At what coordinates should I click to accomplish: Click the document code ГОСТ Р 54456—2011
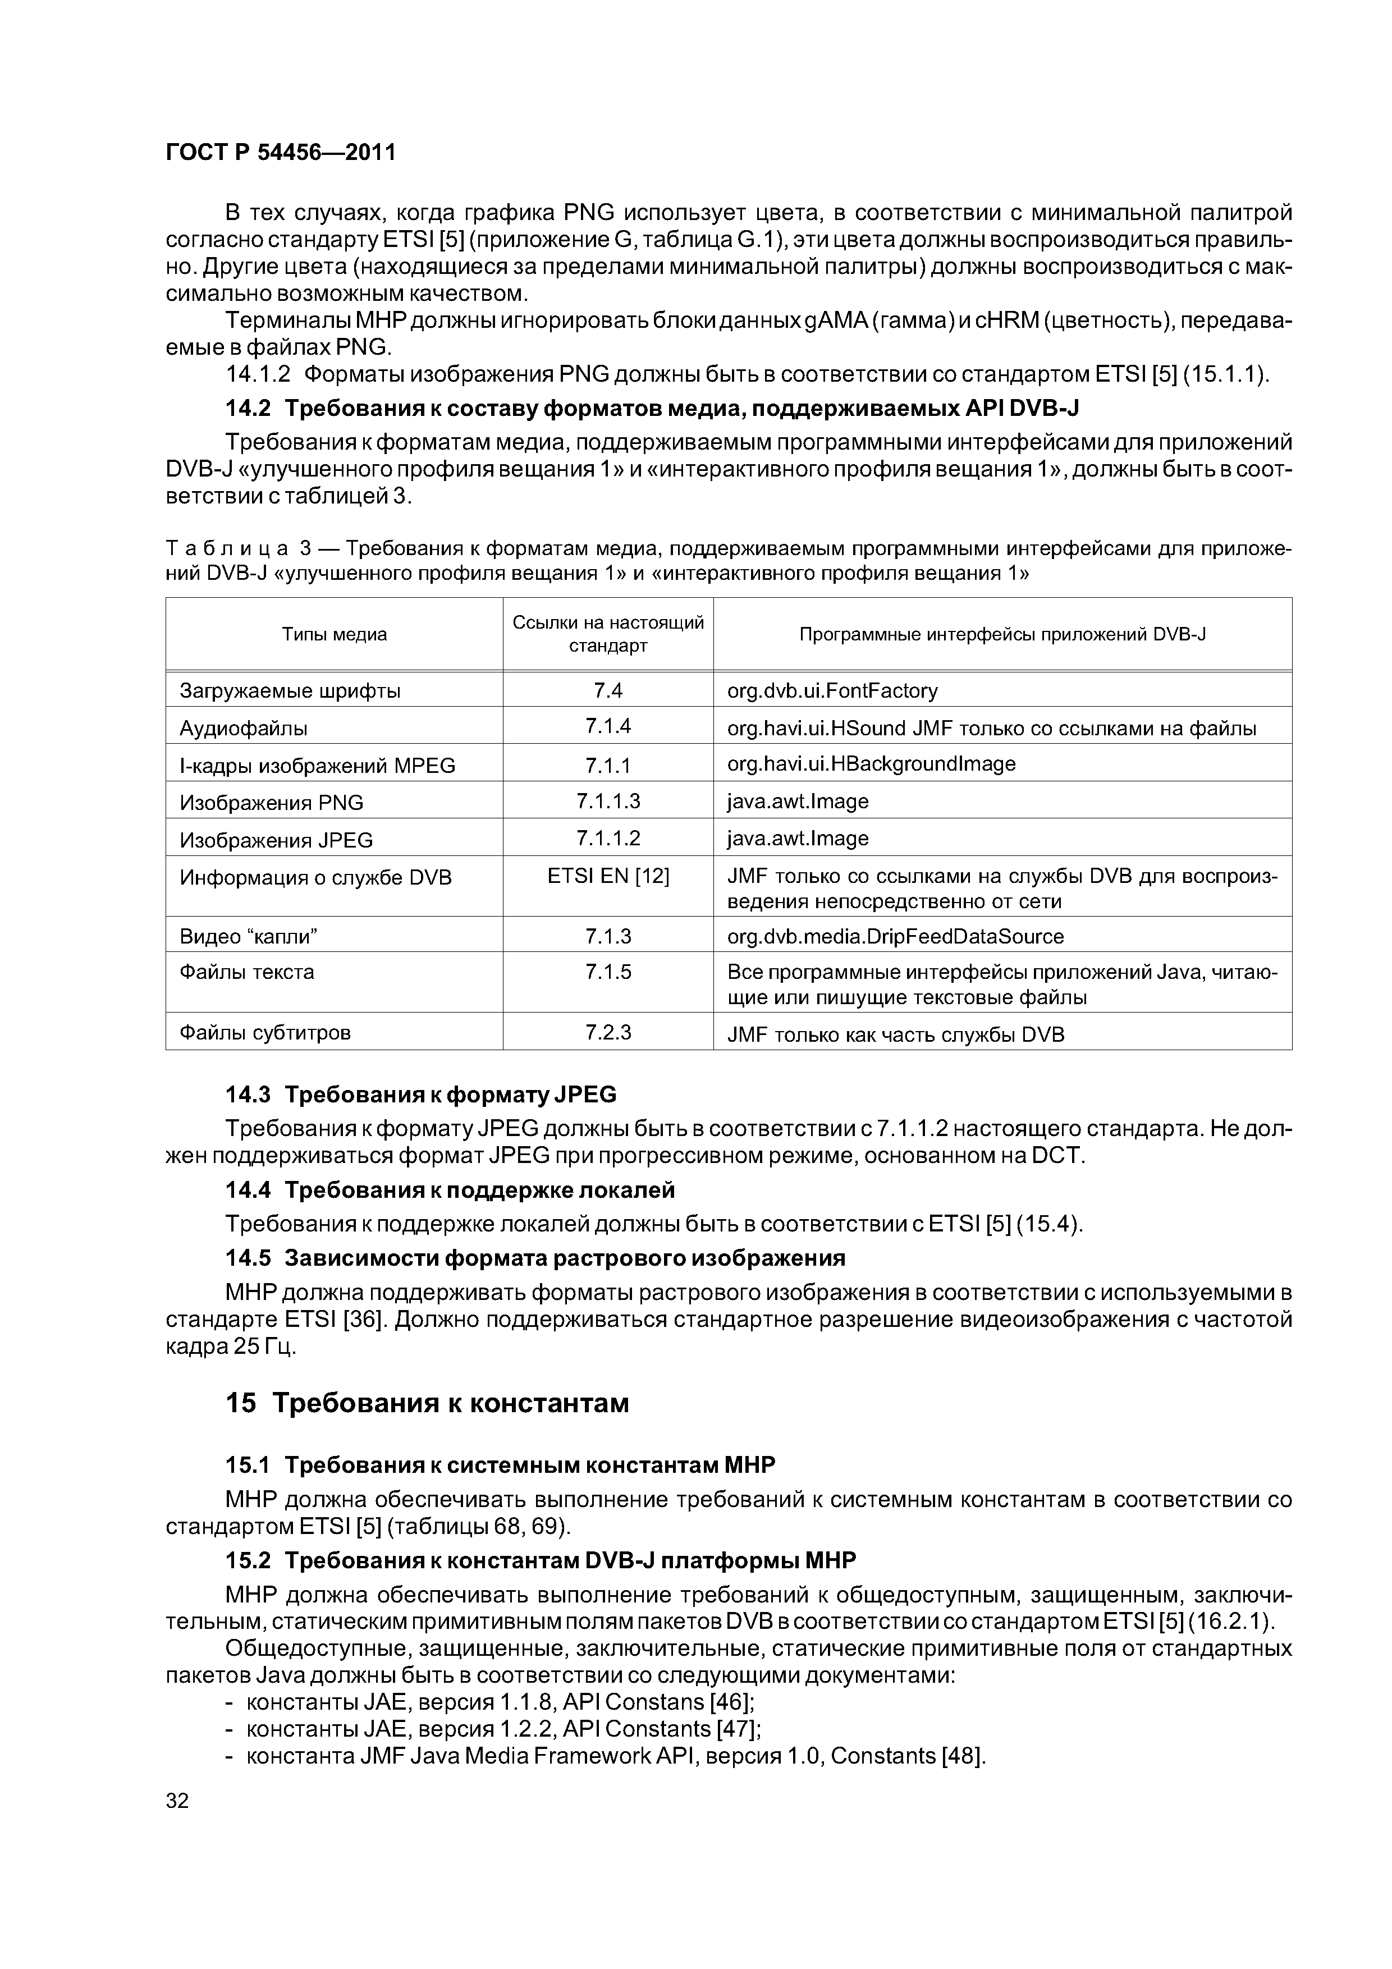coord(281,153)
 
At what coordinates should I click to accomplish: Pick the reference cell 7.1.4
coord(608,726)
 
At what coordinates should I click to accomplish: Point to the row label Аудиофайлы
coord(244,728)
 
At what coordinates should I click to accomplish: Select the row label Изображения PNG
coord(271,803)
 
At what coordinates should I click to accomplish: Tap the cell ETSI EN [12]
coord(608,876)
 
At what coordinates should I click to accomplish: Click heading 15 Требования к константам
coord(427,1404)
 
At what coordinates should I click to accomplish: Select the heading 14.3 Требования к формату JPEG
coord(420,1095)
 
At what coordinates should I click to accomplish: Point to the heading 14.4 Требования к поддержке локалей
coord(450,1190)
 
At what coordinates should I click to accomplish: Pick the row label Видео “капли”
coord(248,936)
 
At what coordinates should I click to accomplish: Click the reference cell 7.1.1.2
coord(608,838)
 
